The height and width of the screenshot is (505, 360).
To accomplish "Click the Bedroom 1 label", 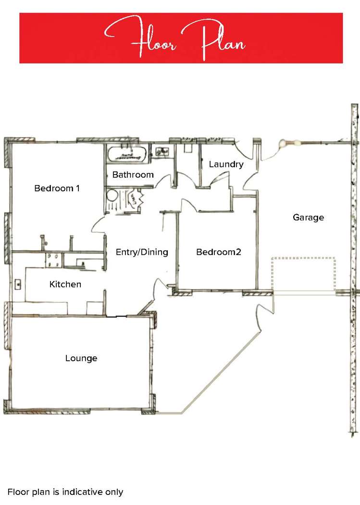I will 57,188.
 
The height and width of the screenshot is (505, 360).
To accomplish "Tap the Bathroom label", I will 133,175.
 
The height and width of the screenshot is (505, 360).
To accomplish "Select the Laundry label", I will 226,164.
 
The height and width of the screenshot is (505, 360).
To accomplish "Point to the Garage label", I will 308,217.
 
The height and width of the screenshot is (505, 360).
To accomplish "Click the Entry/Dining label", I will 142,252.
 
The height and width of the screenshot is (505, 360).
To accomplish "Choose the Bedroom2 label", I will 218,252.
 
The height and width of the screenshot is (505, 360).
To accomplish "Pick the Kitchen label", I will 65,284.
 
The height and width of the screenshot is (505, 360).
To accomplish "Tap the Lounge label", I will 81,358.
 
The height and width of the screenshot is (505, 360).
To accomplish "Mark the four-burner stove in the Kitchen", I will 53,260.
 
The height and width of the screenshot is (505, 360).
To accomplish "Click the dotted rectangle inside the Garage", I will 303,274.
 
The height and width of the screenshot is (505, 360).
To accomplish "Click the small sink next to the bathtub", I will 161,151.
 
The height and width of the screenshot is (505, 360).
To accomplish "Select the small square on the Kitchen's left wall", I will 18,284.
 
